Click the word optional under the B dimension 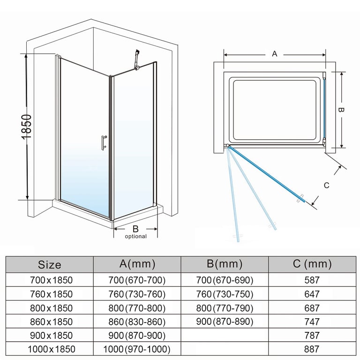click(135, 236)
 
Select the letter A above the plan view click(275, 54)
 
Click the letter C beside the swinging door click(327, 185)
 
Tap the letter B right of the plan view click(342, 110)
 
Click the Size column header click(49, 264)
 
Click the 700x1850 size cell click(49, 280)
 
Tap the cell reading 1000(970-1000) click(137, 349)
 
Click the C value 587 click(311, 280)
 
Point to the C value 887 click(311, 349)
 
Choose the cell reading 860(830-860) click(137, 322)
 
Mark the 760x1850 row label click(49, 294)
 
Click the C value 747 click(311, 322)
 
